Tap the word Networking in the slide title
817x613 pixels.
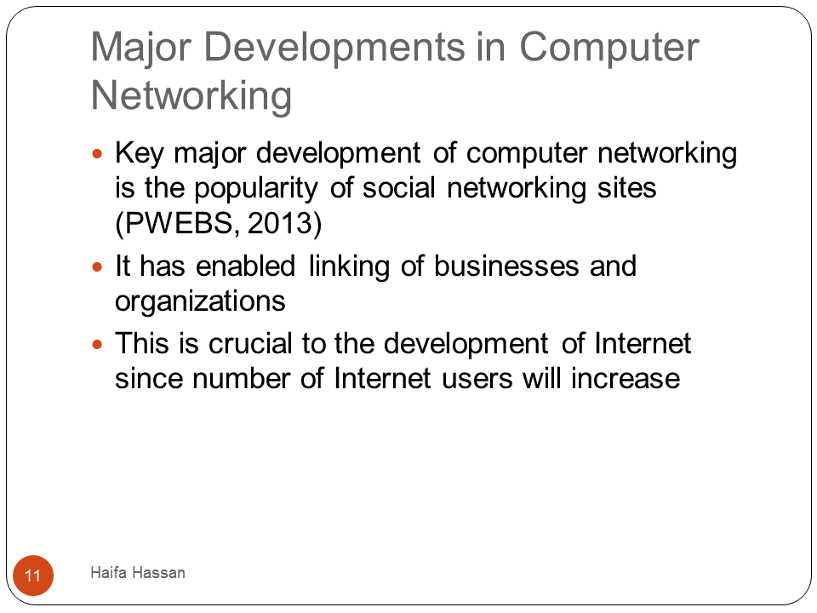[x=191, y=97]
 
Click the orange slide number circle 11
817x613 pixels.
[x=33, y=576]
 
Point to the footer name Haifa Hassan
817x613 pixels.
[x=138, y=572]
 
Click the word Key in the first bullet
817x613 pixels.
[x=139, y=154]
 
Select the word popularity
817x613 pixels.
[x=256, y=189]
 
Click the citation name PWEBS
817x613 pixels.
[x=178, y=223]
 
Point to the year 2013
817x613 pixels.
[x=279, y=223]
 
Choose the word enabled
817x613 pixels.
[x=245, y=266]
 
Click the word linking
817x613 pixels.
[x=349, y=267]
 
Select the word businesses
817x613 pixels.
[x=506, y=266]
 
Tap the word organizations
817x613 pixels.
[x=200, y=302]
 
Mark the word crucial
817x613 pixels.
[x=250, y=343]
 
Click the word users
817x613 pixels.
[x=477, y=378]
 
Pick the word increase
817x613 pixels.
[x=626, y=378]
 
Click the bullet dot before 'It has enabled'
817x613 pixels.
[x=97, y=267]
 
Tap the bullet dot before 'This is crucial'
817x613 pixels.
[x=97, y=345]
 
